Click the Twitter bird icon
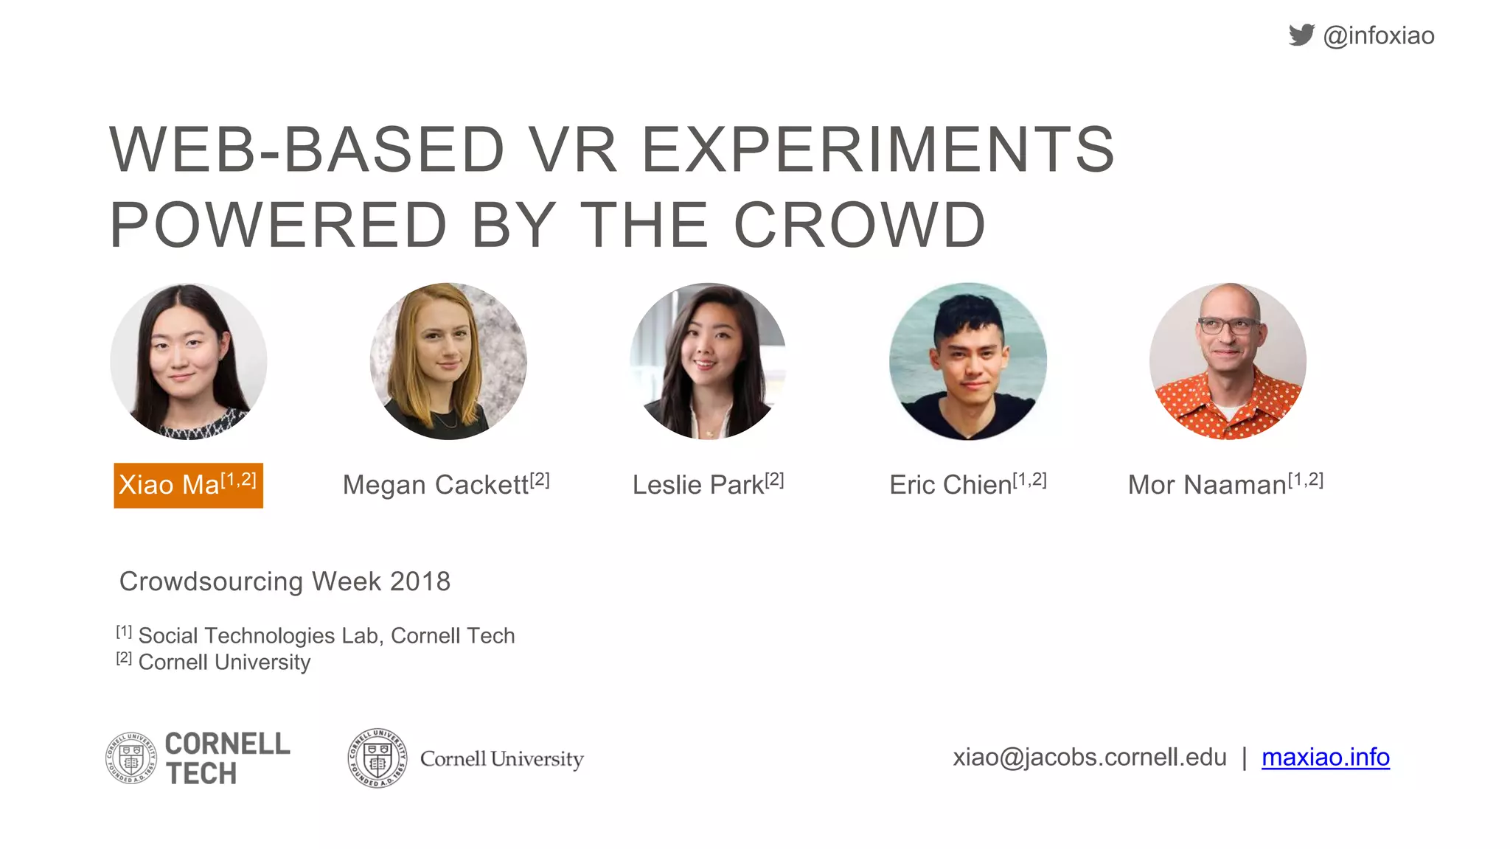(1301, 35)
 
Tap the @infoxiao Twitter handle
(1379, 35)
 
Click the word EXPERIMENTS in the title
(877, 150)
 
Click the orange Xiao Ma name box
(188, 485)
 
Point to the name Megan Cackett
(436, 485)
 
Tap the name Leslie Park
(698, 485)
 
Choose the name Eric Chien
(950, 485)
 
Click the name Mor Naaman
(1207, 485)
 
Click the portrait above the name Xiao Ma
(189, 361)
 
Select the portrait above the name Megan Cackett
(448, 361)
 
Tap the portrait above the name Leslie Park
(708, 361)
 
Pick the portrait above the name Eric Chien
(967, 361)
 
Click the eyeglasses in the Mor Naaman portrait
(1228, 325)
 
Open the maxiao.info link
(1325, 757)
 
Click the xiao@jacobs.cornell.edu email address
(1089, 757)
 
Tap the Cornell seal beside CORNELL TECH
(131, 758)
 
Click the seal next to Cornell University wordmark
(377, 758)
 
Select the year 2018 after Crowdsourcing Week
(420, 581)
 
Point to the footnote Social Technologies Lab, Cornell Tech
(326, 635)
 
